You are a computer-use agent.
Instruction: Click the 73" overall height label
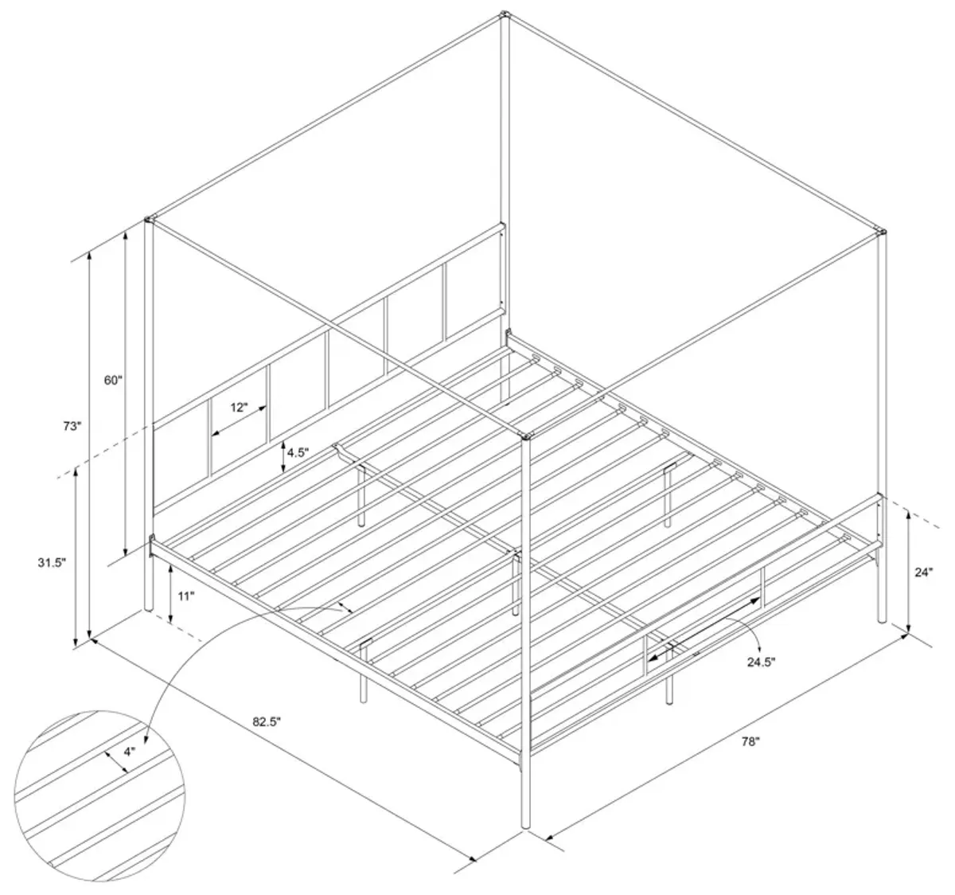pyautogui.click(x=72, y=426)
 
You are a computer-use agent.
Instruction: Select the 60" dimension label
pyautogui.click(x=114, y=380)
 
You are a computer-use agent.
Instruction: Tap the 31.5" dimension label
pyautogui.click(x=52, y=562)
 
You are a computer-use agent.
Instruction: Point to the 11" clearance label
pyautogui.click(x=186, y=596)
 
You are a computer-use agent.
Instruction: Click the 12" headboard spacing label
pyautogui.click(x=239, y=408)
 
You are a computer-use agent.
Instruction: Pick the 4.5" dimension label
pyautogui.click(x=298, y=452)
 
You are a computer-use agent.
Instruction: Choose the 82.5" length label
pyautogui.click(x=267, y=721)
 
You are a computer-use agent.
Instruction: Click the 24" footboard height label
pyautogui.click(x=923, y=573)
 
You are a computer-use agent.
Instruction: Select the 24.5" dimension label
pyautogui.click(x=761, y=662)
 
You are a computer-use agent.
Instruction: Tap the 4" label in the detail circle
pyautogui.click(x=130, y=752)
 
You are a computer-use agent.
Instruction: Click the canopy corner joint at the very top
pyautogui.click(x=505, y=14)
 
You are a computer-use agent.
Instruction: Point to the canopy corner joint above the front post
pyautogui.click(x=526, y=436)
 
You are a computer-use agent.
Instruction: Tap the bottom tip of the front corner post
pyautogui.click(x=526, y=827)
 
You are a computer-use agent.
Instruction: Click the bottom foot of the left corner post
pyautogui.click(x=149, y=608)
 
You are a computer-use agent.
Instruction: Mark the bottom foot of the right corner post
pyautogui.click(x=882, y=621)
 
